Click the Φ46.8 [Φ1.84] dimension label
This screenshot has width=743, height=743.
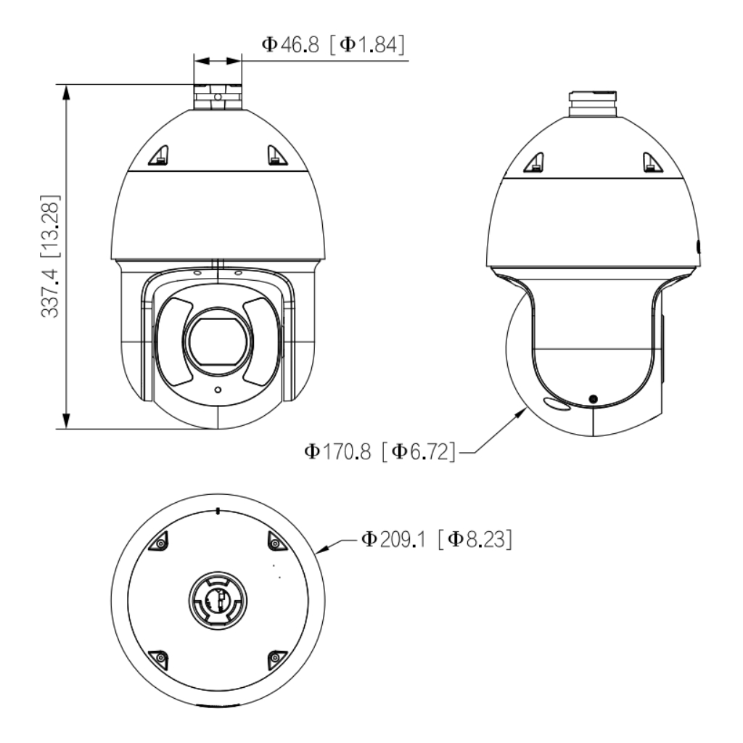click(x=333, y=45)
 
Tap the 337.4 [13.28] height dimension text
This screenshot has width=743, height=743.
click(x=50, y=256)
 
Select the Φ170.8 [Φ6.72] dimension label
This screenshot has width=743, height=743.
click(x=379, y=451)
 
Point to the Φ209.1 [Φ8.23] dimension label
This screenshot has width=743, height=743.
click(x=436, y=539)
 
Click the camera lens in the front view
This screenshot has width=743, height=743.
click(x=218, y=341)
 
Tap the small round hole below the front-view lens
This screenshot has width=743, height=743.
click(x=218, y=390)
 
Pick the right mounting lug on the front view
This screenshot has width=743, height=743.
click(x=276, y=155)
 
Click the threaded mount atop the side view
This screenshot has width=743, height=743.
click(x=593, y=104)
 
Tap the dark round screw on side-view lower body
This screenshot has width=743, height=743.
click(x=592, y=399)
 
